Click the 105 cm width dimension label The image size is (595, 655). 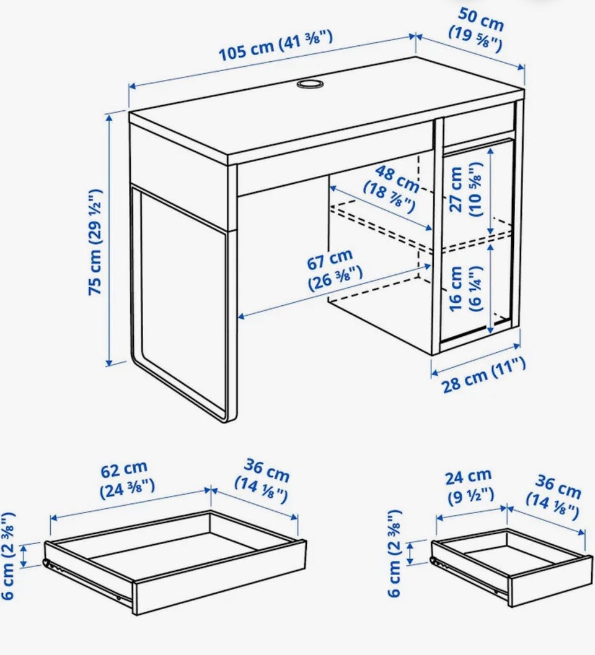[276, 46]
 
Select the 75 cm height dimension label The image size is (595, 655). [95, 242]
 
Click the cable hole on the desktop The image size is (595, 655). [310, 84]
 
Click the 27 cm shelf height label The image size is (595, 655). [466, 189]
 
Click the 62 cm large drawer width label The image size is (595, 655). [126, 480]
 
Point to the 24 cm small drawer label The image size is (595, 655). [470, 487]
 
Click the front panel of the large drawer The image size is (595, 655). [219, 577]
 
